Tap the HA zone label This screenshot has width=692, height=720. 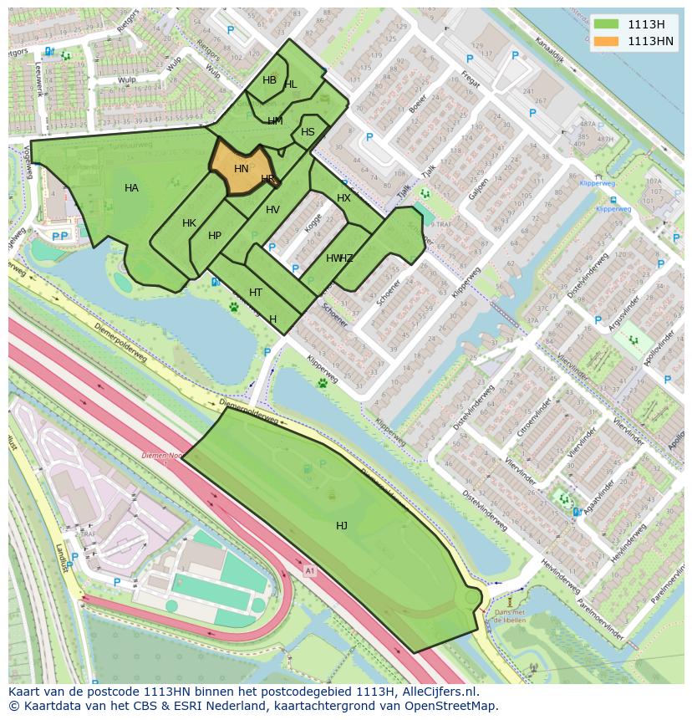[x=131, y=188]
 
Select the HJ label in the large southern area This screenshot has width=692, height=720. [x=342, y=525]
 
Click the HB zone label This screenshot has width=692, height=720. [x=269, y=80]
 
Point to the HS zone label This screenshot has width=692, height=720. [x=308, y=132]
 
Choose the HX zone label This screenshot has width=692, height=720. [x=343, y=198]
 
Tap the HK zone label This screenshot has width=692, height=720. [x=189, y=223]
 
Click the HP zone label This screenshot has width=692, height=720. [x=215, y=236]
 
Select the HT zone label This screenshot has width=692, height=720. [x=256, y=293]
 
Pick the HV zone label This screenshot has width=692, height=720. [x=272, y=210]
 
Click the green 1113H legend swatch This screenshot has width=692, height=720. [x=607, y=24]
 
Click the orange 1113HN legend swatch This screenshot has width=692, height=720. [x=607, y=41]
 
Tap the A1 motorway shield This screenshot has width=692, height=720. [x=310, y=571]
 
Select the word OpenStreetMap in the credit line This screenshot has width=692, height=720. [x=456, y=706]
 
